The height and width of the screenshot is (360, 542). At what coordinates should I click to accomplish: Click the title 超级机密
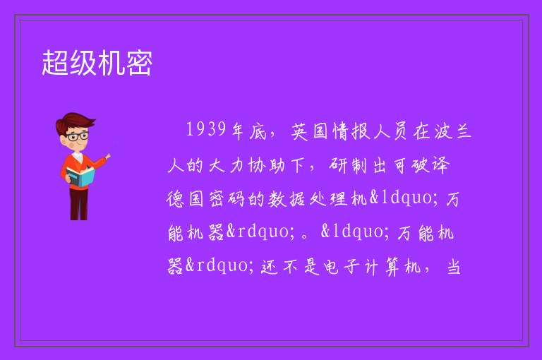click(x=97, y=63)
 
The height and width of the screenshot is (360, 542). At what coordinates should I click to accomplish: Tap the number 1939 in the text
click(x=206, y=130)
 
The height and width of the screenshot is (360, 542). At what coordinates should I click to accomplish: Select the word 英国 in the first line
click(x=309, y=131)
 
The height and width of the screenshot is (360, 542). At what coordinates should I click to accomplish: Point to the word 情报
click(x=351, y=131)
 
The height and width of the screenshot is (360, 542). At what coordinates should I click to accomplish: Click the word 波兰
click(x=453, y=131)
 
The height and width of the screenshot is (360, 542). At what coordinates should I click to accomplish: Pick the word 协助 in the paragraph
click(x=267, y=165)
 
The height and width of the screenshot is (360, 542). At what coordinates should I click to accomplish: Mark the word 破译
click(x=430, y=165)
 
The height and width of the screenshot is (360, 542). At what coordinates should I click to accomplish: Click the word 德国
click(x=185, y=199)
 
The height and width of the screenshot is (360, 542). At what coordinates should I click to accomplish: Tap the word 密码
click(x=227, y=199)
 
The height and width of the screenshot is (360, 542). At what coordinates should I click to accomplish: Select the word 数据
click(x=287, y=199)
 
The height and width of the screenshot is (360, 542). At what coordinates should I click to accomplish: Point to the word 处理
click(x=327, y=199)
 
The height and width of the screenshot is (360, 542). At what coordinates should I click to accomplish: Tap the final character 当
click(x=454, y=267)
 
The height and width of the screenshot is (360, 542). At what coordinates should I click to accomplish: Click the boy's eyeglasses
click(x=78, y=136)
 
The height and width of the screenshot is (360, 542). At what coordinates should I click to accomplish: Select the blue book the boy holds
click(x=80, y=177)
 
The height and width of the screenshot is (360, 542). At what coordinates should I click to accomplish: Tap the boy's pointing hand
click(x=107, y=157)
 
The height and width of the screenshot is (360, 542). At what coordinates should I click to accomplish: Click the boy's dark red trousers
click(x=79, y=204)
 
